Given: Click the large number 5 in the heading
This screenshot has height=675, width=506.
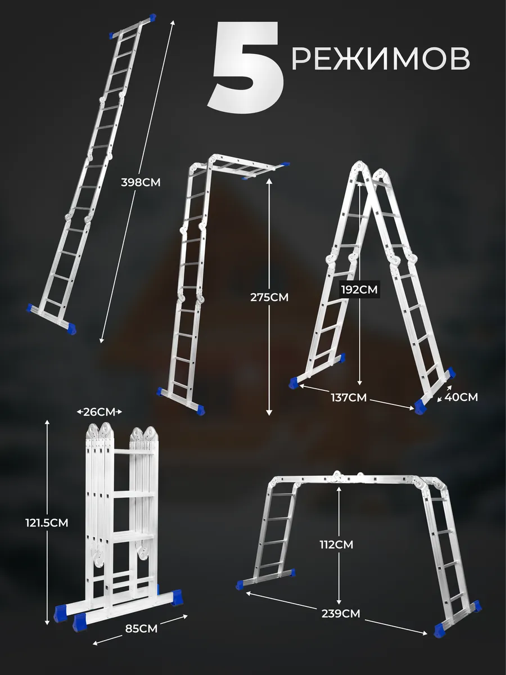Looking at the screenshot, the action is [x=246, y=67].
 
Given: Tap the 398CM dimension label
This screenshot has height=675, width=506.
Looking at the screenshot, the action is [x=141, y=182].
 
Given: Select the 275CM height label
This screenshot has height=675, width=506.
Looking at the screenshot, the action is [x=269, y=298].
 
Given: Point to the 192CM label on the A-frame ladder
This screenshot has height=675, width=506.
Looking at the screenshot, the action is [x=359, y=289].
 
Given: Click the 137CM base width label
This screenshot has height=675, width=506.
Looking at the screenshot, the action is [x=349, y=397].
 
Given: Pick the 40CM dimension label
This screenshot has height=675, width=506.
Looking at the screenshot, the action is [x=461, y=397].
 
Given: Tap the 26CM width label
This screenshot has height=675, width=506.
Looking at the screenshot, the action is [x=99, y=411].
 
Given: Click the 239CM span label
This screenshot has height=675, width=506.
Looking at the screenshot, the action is [x=341, y=614].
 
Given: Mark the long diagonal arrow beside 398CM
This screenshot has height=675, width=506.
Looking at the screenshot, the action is [x=138, y=182].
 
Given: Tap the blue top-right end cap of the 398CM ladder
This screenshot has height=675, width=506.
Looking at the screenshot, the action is [x=152, y=17].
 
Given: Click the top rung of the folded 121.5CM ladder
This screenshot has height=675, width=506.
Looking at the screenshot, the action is [x=134, y=452].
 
